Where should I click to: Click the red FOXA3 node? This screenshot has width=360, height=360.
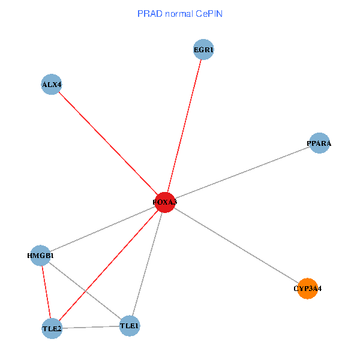[x=164, y=202]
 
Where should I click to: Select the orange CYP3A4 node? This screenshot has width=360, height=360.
[x=307, y=289]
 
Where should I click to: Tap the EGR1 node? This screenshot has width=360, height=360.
[x=204, y=49]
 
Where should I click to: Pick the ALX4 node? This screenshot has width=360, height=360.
[x=52, y=85]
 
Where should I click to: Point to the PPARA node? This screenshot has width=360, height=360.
[x=319, y=143]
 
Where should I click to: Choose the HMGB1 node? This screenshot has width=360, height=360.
[x=40, y=256]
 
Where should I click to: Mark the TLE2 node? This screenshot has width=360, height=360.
[x=52, y=328]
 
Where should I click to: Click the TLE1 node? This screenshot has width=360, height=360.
[x=130, y=326]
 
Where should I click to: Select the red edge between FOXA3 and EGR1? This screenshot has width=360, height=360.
[x=184, y=126]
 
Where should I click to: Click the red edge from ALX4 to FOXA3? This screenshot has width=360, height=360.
[x=108, y=143]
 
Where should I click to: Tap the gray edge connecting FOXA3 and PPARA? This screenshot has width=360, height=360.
[x=242, y=173]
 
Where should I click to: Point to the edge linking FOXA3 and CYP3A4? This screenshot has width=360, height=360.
[x=236, y=245]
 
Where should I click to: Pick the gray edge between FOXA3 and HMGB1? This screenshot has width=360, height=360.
[x=102, y=229]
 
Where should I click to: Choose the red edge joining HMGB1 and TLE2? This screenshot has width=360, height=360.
[x=46, y=292]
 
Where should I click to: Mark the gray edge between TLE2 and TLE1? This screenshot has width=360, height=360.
[x=91, y=327]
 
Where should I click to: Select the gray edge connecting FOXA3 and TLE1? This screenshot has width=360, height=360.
[x=147, y=264]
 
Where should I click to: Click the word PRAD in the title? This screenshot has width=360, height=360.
[x=148, y=13]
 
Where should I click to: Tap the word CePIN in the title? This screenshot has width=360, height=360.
[x=208, y=13]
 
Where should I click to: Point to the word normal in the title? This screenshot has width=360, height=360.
[x=177, y=13]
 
